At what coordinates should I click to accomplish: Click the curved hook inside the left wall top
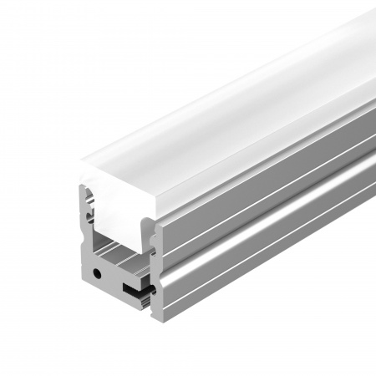point(90,201)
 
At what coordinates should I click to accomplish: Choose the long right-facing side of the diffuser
point(267,125)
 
